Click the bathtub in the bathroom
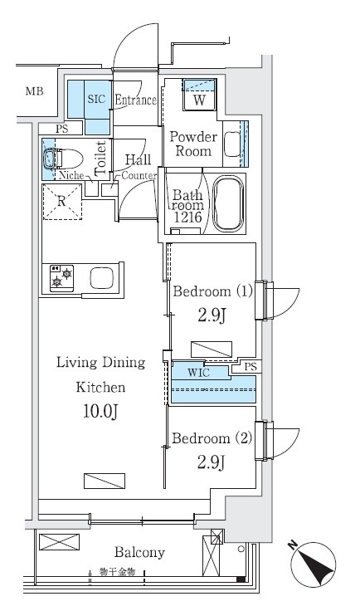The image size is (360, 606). [228, 203]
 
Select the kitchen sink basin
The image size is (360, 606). [101, 278]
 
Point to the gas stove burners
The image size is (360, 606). [62, 278]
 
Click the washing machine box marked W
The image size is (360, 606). [199, 95]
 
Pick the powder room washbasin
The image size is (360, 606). [232, 144]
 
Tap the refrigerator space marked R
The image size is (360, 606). [62, 202]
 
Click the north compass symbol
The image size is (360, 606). [313, 564]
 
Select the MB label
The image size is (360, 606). [34, 91]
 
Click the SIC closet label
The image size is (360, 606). [96, 99]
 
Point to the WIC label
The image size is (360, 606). [198, 373]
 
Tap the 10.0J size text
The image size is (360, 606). [100, 412]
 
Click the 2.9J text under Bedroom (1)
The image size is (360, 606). [212, 315]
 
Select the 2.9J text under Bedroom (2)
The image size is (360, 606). [212, 462]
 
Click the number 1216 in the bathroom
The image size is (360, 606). [187, 217]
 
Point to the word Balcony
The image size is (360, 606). [139, 552]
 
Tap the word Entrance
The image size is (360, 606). [135, 100]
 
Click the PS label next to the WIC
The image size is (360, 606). [251, 366]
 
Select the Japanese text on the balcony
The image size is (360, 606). [117, 572]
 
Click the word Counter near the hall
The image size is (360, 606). [139, 175]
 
